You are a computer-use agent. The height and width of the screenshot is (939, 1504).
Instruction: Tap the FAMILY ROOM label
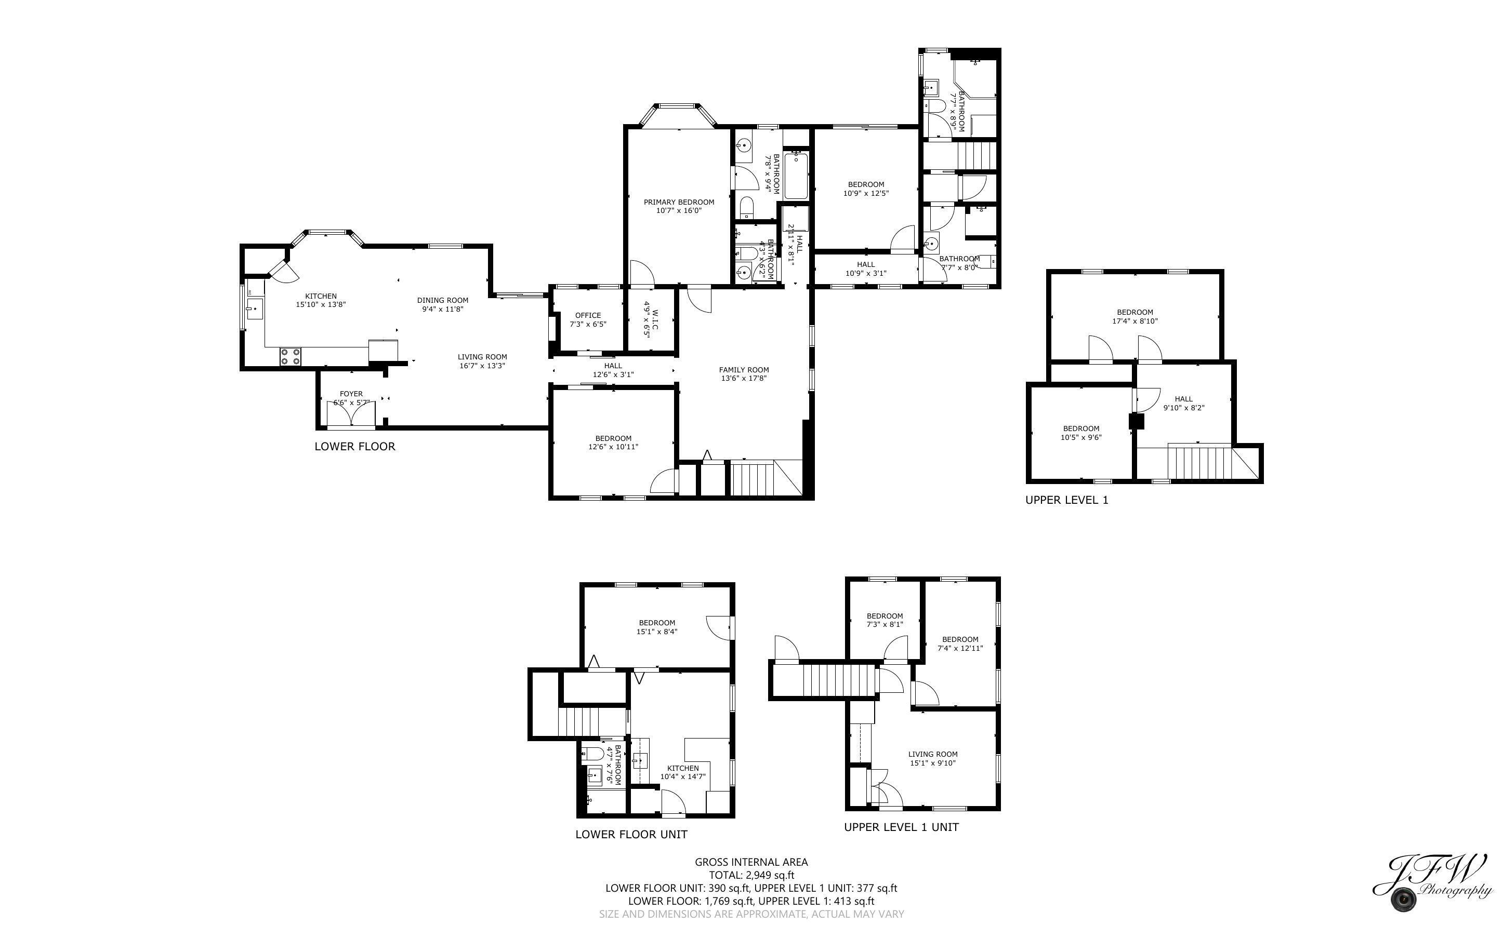(744, 369)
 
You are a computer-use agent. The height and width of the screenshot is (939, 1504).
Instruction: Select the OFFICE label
(588, 315)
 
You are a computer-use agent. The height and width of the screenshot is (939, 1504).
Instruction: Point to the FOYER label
(351, 394)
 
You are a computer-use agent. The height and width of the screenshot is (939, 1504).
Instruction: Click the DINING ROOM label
(442, 300)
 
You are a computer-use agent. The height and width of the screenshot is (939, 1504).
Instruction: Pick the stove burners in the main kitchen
(290, 356)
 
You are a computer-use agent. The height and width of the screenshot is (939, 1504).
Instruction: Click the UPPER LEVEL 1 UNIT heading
(901, 827)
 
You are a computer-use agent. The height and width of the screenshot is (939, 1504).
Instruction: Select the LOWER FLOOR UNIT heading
(631, 835)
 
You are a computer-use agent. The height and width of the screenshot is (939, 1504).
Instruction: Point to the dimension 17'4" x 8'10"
(1134, 321)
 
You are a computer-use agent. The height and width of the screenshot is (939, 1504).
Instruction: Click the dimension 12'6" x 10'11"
(613, 447)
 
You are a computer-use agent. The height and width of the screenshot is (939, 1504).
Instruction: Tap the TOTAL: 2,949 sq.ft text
(751, 875)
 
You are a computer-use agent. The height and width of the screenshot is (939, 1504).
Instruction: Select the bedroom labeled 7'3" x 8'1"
(885, 621)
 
